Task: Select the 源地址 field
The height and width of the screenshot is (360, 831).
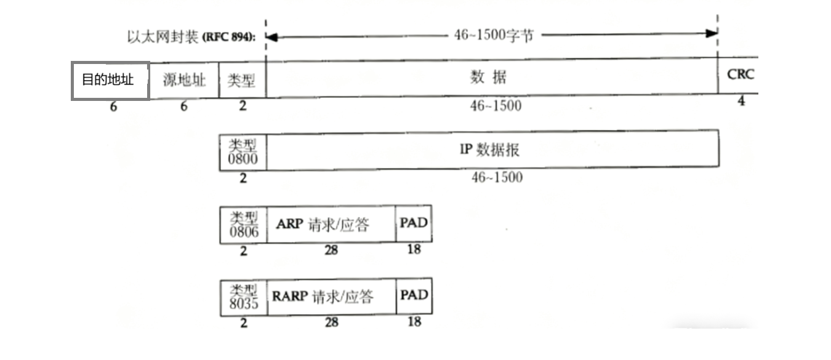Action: [184, 81]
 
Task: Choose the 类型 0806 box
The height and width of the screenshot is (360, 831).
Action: [244, 225]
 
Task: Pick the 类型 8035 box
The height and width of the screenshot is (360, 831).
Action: [244, 297]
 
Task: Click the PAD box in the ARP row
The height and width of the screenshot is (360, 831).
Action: [414, 223]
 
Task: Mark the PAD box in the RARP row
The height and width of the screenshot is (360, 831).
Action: [414, 296]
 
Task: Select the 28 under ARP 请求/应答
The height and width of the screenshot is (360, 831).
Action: [331, 250]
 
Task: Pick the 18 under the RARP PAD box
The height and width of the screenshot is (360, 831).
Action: [414, 321]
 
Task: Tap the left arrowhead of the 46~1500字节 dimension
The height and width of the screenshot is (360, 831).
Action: [271, 36]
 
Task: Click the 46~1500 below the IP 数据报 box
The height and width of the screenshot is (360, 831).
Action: [496, 178]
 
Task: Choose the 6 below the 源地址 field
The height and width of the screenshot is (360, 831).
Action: [183, 106]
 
